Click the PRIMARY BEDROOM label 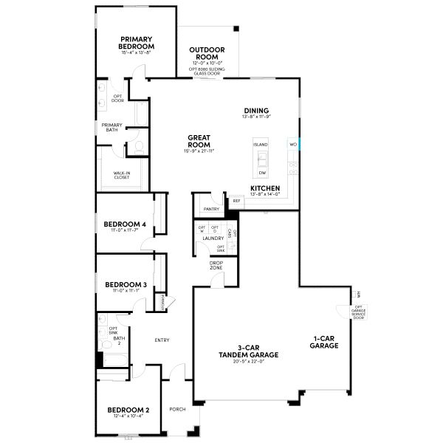[x=137, y=42]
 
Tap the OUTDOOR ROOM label [x=207, y=54]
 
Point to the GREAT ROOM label [x=199, y=140]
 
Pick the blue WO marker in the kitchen [x=293, y=144]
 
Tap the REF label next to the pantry [x=236, y=200]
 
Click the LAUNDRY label [x=213, y=238]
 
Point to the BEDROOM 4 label [x=125, y=224]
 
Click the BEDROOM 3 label [x=125, y=284]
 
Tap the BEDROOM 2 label [x=128, y=409]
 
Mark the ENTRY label [x=162, y=340]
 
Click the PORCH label [x=177, y=409]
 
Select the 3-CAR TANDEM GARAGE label [x=247, y=351]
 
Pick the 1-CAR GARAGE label [x=324, y=342]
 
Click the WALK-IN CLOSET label [x=123, y=176]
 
